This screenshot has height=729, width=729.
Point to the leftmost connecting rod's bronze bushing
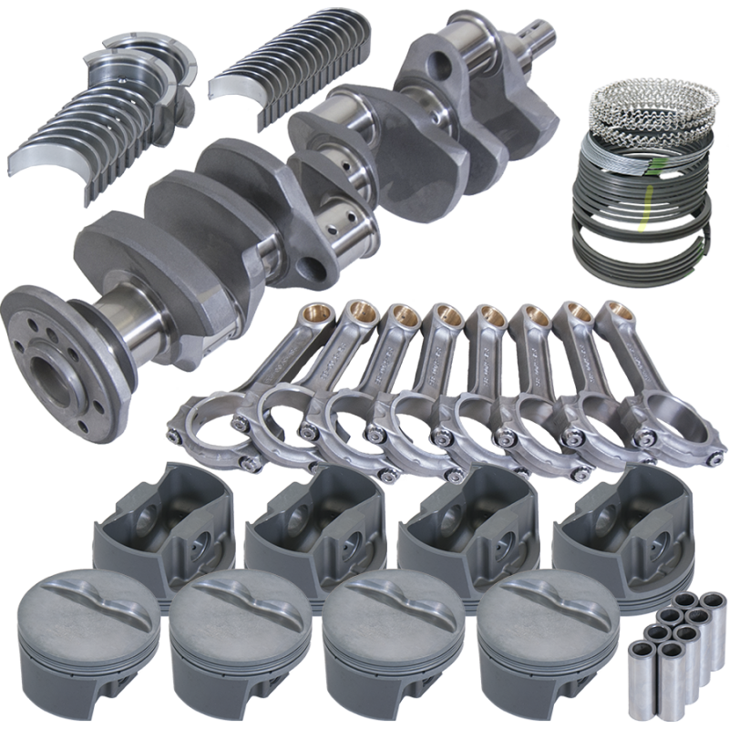point(313,314)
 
